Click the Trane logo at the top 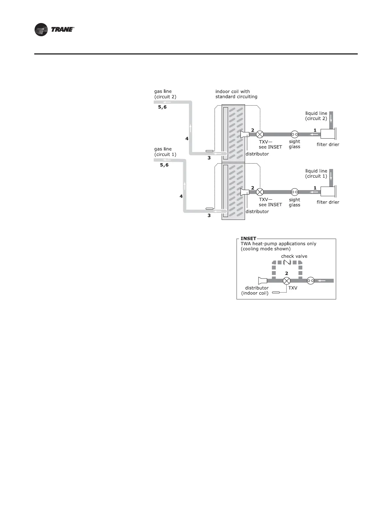tap(54, 29)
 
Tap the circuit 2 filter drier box tap(328, 134)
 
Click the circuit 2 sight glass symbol tap(295, 134)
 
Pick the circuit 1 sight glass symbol tap(295, 192)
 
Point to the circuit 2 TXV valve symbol tap(260, 134)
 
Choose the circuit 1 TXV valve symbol tap(260, 192)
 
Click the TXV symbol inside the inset tap(287, 281)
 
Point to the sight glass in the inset tap(310, 281)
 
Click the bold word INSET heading tap(249, 238)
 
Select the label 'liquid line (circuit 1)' tap(316, 173)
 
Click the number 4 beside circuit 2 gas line tap(187, 139)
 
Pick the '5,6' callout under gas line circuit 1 tap(164, 165)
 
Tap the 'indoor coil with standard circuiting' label tap(236, 94)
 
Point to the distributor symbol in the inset tap(263, 281)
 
